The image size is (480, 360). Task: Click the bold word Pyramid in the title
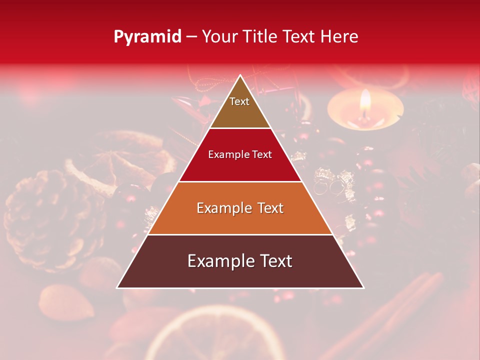[147, 36]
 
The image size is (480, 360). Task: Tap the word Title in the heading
[261, 36]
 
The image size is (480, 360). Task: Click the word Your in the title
[219, 36]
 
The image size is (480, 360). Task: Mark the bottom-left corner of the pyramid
[117, 287]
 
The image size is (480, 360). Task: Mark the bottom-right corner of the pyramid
[363, 287]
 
